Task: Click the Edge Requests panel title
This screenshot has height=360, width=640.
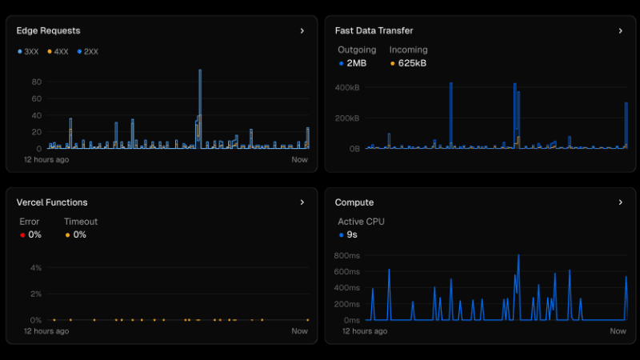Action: coord(48,30)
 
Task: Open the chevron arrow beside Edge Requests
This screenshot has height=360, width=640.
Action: coord(302,31)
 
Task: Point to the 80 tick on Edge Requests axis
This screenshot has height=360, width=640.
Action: coord(37,82)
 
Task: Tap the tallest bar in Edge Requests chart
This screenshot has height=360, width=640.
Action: coord(200,104)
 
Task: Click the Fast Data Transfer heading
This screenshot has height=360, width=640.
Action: coord(374,30)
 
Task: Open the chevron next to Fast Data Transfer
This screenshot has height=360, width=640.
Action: coord(620,31)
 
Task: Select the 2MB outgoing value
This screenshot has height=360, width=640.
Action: coord(356,62)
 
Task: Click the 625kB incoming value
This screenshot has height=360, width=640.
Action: coord(412,62)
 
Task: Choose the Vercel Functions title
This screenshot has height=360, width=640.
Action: coord(52,202)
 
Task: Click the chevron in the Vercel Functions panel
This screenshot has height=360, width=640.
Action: coord(302,202)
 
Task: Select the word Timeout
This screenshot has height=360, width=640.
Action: coord(81,222)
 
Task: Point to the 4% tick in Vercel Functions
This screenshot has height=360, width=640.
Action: coord(37,267)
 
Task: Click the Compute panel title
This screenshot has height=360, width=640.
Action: coord(354,202)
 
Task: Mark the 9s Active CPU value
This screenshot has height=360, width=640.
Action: coord(352,234)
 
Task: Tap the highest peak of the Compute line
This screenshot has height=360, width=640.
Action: coord(518,256)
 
